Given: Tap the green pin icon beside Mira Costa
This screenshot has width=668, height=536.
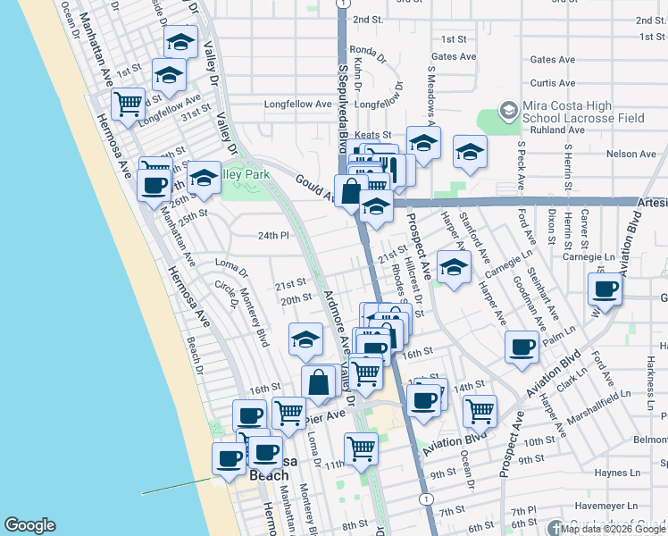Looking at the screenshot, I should coord(508,111).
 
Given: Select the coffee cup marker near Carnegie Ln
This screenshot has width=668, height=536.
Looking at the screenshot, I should coord(605,289).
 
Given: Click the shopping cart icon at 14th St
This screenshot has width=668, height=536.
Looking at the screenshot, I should coord(480,410).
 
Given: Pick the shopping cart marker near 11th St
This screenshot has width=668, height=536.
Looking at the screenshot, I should coord(361,447).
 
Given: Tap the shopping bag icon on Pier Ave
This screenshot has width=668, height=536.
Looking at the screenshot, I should coord(319,381).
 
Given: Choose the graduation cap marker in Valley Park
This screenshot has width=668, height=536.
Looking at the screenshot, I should coord(204,178).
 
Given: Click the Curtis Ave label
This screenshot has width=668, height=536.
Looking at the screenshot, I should coord(552,83).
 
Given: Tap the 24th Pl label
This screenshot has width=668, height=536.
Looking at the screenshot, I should coord(274,236).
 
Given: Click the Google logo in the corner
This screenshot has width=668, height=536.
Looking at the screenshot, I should coord(29,525).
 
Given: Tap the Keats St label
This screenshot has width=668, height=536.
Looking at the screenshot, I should coord(373,135).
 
